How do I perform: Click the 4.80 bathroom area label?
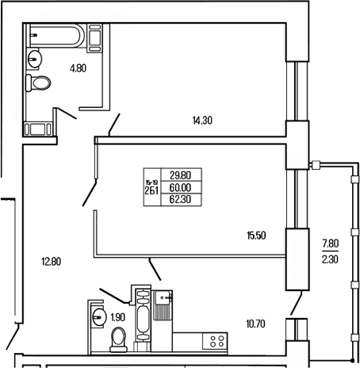click(78, 68)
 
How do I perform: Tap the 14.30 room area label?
click(202, 121)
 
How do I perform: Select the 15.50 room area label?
click(256, 236)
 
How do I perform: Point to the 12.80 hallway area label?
click(52, 262)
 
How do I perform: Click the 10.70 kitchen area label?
click(255, 324)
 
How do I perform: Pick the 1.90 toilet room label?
click(118, 317)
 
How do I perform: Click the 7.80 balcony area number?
click(330, 243)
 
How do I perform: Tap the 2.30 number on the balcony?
click(330, 259)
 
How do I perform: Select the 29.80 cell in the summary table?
click(181, 175)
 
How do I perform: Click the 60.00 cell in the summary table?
click(180, 187)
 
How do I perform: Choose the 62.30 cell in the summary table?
click(180, 199)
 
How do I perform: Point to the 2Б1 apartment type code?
click(151, 190)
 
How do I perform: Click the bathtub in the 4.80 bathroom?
click(56, 36)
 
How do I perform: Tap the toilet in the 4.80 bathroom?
click(38, 82)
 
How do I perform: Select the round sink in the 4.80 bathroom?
click(34, 59)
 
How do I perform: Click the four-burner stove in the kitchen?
click(215, 341)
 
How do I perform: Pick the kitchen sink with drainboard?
click(162, 305)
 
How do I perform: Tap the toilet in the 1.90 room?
click(118, 339)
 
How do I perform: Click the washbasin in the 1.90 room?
click(98, 316)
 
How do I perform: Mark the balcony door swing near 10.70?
click(296, 303)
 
